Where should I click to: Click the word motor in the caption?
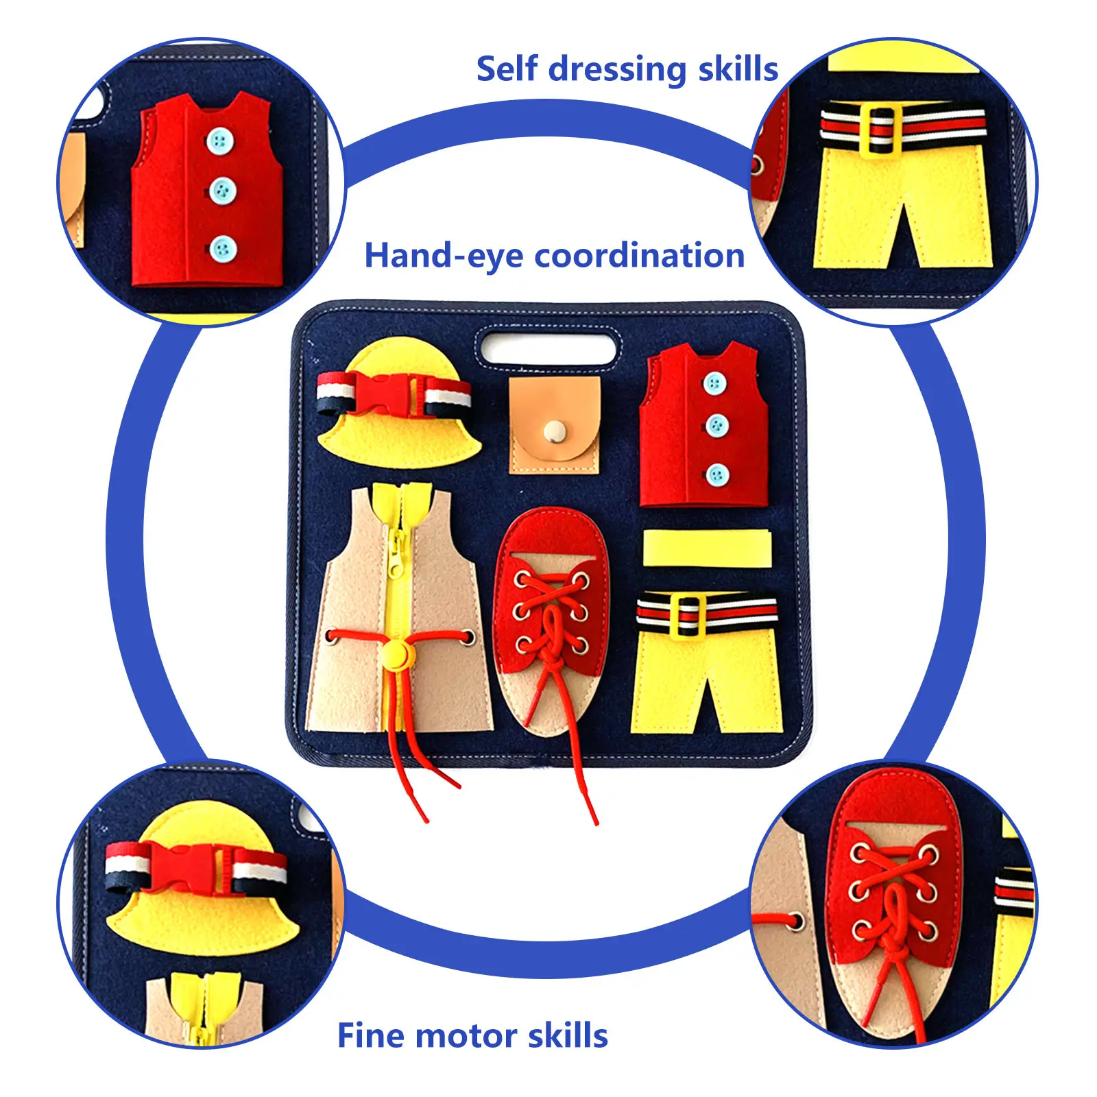466,1036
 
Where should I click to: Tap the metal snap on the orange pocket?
554,431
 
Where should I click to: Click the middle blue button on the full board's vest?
716,426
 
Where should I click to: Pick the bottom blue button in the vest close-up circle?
222,249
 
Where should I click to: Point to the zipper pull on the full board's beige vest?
396,557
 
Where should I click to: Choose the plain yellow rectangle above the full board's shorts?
707,548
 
